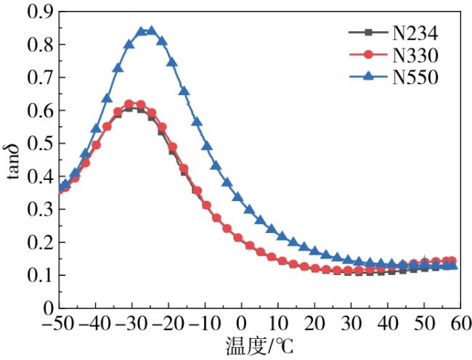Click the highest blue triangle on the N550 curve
(x=151, y=31)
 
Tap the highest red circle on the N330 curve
(x=130, y=105)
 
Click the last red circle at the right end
(x=452, y=261)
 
